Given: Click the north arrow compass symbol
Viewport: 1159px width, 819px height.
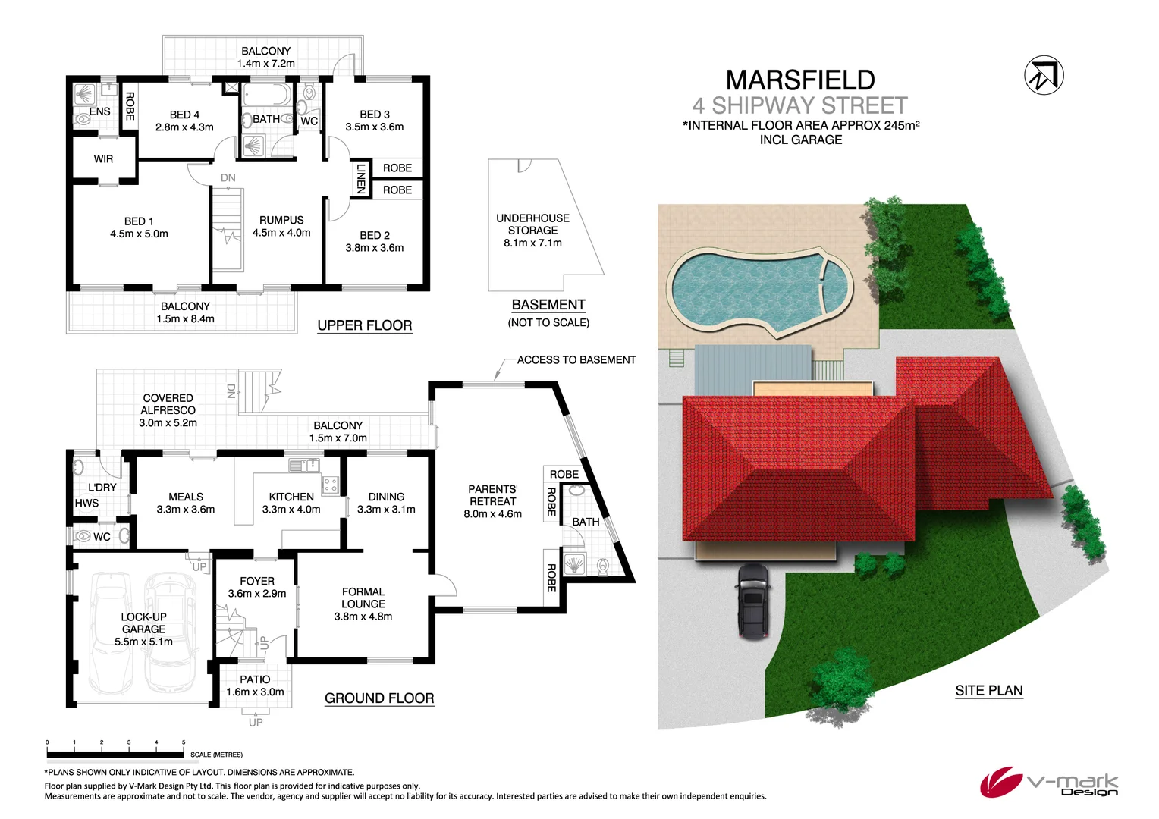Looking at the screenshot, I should pyautogui.click(x=1044, y=76).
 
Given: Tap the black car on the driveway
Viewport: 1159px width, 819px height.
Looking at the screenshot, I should pyautogui.click(x=752, y=601).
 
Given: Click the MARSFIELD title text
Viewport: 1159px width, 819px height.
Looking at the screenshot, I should pyautogui.click(x=800, y=80).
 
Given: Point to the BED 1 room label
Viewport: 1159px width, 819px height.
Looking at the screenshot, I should pyautogui.click(x=139, y=227).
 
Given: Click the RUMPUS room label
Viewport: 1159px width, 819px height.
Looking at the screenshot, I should pyautogui.click(x=281, y=226).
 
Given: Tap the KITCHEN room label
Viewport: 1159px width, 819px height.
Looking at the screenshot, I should pyautogui.click(x=291, y=503).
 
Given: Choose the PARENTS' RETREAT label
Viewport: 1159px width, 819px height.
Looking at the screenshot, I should pyautogui.click(x=492, y=501).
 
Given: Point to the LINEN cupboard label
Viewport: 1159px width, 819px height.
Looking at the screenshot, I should pyautogui.click(x=361, y=178).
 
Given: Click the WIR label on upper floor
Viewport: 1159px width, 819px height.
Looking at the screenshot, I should pyautogui.click(x=103, y=159).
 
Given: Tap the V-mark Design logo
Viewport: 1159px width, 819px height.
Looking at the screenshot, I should pyautogui.click(x=1048, y=783).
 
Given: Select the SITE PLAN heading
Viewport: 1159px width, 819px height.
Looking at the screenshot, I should pyautogui.click(x=988, y=691).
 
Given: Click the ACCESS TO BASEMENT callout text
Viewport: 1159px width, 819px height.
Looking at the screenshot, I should pyautogui.click(x=576, y=360).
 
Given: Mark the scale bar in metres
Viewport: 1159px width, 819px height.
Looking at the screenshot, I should pyautogui.click(x=115, y=754).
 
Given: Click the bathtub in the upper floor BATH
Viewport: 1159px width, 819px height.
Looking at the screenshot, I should pyautogui.click(x=266, y=96).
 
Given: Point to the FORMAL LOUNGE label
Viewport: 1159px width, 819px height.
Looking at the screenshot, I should pyautogui.click(x=363, y=604).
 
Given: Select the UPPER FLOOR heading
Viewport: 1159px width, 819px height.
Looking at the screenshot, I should pyautogui.click(x=364, y=325).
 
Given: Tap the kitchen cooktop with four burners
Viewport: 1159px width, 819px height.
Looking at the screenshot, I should pyautogui.click(x=330, y=484).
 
